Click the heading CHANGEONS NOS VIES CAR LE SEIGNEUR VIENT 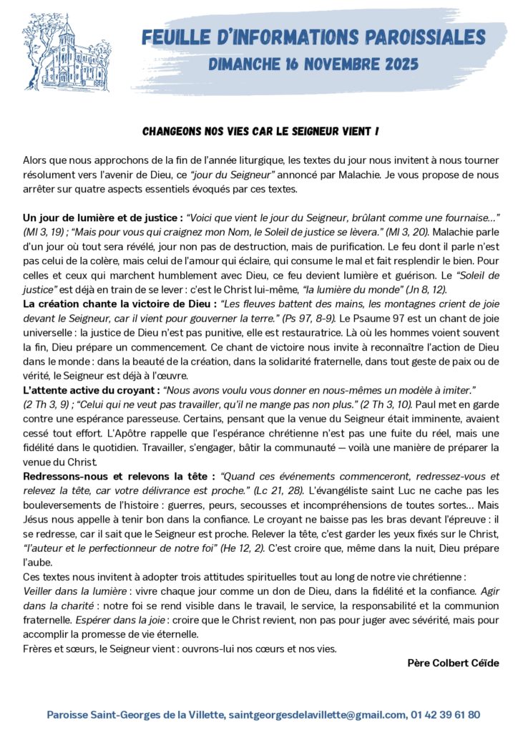[x=260, y=132]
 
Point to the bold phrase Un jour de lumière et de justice [x=102, y=217]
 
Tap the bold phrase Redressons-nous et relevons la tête [x=119, y=475]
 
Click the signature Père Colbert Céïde [x=452, y=663]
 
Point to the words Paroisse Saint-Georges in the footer [x=99, y=714]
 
